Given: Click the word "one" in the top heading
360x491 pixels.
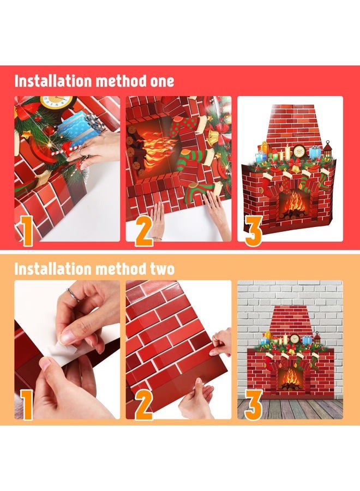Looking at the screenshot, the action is pyautogui.click(x=162, y=81).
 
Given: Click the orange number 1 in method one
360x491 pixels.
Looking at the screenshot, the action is pyautogui.click(x=26, y=231).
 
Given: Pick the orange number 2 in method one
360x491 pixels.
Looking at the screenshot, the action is pyautogui.click(x=143, y=231).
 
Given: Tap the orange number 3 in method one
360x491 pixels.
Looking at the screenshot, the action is pyautogui.click(x=253, y=231).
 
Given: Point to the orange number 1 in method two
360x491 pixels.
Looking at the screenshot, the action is pyautogui.click(x=26, y=405).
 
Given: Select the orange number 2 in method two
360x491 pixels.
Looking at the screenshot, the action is pyautogui.click(x=143, y=405).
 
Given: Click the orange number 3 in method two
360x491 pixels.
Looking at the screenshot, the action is pyautogui.click(x=253, y=405).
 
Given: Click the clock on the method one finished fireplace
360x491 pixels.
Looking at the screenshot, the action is pyautogui.click(x=299, y=151).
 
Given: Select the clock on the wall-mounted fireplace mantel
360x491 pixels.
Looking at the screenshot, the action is pyautogui.click(x=294, y=338).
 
